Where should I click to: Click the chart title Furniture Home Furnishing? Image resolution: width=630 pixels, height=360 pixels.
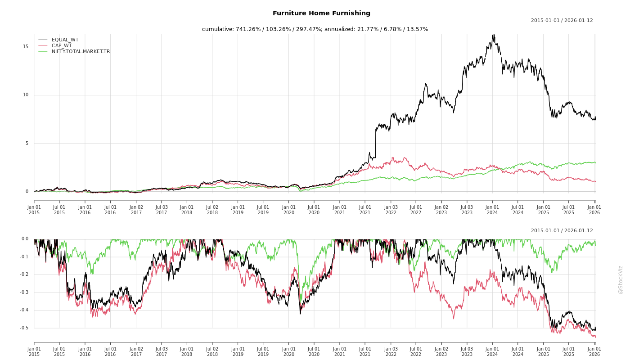(x=321, y=13)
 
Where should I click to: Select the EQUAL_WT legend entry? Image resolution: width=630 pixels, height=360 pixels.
(x=65, y=40)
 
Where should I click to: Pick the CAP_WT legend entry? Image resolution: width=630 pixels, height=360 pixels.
(x=61, y=45)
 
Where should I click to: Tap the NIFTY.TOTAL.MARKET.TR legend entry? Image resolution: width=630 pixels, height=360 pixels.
(x=81, y=51)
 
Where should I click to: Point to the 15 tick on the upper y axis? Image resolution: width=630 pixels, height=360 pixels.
(x=26, y=47)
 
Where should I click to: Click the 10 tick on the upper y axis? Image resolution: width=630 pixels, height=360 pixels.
(x=26, y=95)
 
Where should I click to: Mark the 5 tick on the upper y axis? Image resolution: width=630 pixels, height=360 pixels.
(x=27, y=144)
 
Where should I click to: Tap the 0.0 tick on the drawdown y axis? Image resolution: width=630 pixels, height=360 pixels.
(x=25, y=239)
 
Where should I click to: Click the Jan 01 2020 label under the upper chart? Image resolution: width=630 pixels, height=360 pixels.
(x=289, y=210)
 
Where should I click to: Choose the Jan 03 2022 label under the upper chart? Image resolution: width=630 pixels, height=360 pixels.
(x=391, y=210)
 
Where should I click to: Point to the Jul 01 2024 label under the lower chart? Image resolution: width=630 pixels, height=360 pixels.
(x=518, y=351)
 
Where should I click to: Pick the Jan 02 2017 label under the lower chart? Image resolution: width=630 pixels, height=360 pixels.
(x=136, y=351)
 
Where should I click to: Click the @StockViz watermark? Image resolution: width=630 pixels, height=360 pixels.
(x=621, y=279)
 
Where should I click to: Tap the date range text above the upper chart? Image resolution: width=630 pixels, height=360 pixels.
(x=562, y=21)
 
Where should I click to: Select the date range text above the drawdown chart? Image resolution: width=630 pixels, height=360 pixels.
(x=562, y=231)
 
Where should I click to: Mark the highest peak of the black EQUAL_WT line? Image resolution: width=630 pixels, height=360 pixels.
(x=494, y=34)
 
